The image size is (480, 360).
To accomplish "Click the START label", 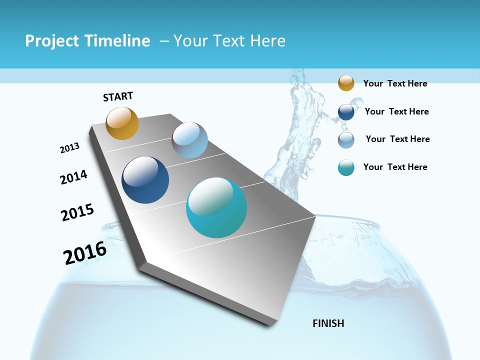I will coord(118,96).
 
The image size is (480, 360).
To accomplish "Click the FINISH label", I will coord(328,323).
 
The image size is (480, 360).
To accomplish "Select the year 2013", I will coord(69,148).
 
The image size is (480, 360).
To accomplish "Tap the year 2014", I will coord(73,177).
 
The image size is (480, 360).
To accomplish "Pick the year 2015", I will coord(77,212).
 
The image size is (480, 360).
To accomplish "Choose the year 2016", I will coord(85,253).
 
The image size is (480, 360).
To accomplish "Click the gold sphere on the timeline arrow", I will coord(122,123).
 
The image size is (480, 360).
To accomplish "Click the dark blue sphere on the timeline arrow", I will coord(145,180).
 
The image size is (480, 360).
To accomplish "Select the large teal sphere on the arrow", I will coord(216,207).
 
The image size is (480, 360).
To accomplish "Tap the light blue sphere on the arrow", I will coord(189,140).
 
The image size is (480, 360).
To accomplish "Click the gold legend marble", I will coord(346,83).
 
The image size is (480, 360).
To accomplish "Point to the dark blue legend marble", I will coord(346,112).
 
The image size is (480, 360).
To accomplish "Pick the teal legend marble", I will coord(346,167).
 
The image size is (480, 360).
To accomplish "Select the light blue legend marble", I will coord(346,140).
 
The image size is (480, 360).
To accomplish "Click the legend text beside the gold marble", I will coord(395,83).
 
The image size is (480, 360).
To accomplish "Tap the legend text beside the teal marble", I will coord(395,167).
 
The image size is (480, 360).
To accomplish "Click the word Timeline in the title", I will coord(118,41).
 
